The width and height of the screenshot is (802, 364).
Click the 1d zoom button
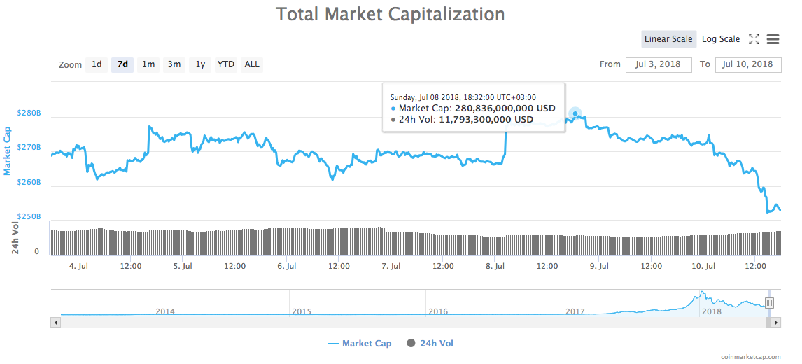click(97, 64)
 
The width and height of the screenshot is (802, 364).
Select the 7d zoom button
click(122, 64)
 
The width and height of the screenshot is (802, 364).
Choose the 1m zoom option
click(148, 64)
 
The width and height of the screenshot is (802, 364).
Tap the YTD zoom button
click(225, 64)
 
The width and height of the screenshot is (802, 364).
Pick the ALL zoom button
click(252, 64)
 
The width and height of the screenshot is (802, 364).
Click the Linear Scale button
click(668, 39)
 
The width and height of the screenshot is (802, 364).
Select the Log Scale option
click(721, 39)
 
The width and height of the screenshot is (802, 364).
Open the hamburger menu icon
click(773, 39)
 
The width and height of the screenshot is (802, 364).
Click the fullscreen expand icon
click(754, 39)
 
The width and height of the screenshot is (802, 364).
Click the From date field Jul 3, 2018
click(658, 64)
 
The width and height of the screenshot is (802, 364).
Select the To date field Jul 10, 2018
click(748, 64)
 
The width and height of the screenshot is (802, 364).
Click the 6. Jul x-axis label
click(287, 266)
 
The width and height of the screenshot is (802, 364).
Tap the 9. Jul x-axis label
click(599, 266)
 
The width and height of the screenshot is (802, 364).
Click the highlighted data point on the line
click(575, 113)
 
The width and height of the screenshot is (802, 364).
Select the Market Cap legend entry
click(360, 343)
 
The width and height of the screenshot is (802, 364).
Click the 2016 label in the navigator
click(438, 311)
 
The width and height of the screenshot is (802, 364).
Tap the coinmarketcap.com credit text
click(750, 357)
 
